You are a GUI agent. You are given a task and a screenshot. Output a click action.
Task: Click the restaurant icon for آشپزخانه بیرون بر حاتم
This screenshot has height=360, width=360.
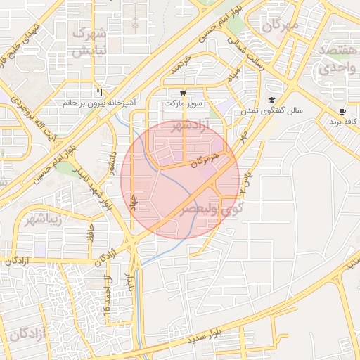coord(101,92)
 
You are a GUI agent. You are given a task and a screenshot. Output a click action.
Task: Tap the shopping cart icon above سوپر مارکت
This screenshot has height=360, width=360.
coord(183,92)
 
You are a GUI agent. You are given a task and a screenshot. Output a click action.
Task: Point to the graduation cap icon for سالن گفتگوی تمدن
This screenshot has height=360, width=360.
coord(271,100)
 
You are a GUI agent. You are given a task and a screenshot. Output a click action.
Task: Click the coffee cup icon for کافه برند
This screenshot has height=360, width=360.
coord(342,111)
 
